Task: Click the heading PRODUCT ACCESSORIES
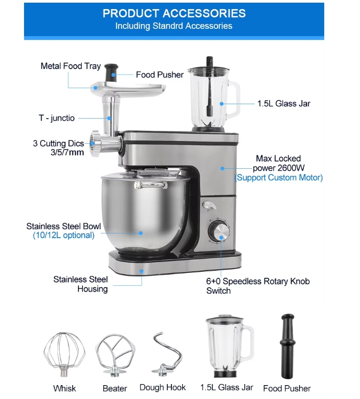click(174, 13)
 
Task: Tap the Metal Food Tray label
click(71, 66)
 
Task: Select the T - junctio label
click(57, 118)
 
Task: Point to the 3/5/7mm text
click(67, 152)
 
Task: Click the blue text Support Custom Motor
click(279, 178)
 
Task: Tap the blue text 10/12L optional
click(64, 236)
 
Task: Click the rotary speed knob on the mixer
click(219, 231)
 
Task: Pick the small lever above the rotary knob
click(209, 206)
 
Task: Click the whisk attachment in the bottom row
click(64, 354)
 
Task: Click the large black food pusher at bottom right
click(287, 346)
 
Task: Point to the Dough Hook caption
click(162, 387)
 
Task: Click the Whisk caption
click(65, 388)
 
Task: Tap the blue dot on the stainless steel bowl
click(140, 233)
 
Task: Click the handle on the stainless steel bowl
click(151, 185)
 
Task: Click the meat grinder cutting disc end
click(95, 143)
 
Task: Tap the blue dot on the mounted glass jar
click(222, 104)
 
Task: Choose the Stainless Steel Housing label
click(81, 284)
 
